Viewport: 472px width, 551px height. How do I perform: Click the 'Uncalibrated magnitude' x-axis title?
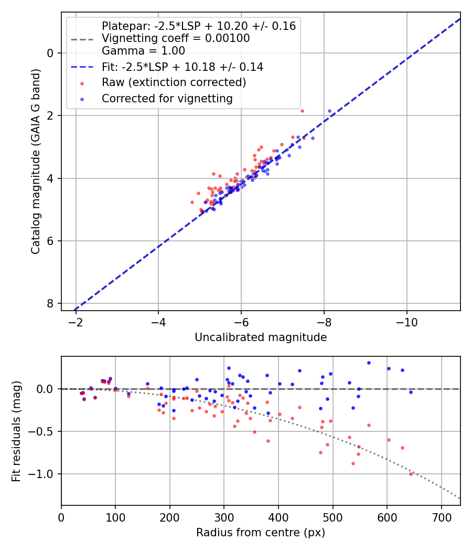261,337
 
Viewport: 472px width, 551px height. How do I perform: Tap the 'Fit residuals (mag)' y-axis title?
16,431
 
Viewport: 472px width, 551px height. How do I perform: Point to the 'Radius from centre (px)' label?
261,533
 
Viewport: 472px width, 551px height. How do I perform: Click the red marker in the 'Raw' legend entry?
81,83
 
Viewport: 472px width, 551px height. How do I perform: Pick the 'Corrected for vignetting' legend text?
167,98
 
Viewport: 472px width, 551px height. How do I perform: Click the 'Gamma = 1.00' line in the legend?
143,51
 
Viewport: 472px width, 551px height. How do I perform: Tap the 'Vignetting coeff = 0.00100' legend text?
176,38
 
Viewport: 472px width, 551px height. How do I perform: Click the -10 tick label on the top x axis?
406,321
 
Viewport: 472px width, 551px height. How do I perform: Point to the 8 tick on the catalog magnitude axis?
50,304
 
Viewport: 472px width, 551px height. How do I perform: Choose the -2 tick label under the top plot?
76,321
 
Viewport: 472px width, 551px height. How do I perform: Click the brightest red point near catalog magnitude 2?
302,111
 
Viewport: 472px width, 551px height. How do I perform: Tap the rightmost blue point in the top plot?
329,111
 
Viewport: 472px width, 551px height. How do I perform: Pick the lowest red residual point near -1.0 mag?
411,474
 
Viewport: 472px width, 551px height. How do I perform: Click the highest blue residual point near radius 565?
369,363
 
